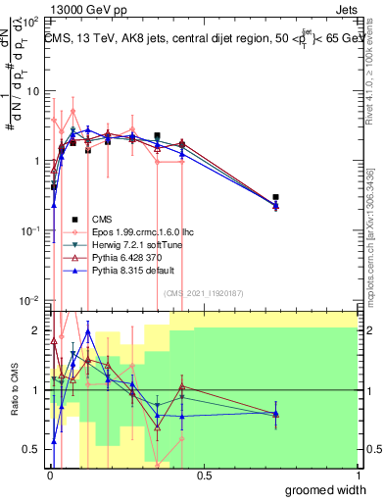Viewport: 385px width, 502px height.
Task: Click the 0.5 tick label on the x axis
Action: (x=204, y=476)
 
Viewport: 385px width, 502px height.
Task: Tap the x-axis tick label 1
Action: (x=357, y=476)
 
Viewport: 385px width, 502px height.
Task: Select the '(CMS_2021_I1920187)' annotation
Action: (x=203, y=292)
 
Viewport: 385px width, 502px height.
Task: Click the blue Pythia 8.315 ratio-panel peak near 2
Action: (x=88, y=331)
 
